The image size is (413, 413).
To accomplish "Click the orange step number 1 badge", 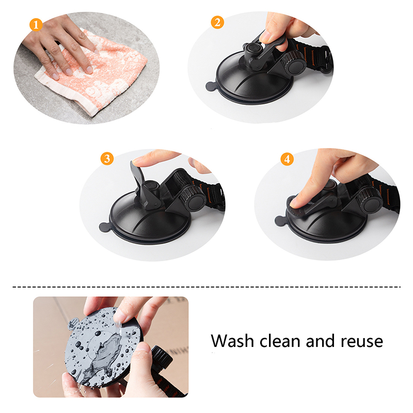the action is (x=36, y=25).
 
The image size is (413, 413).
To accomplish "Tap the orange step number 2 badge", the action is (x=217, y=22).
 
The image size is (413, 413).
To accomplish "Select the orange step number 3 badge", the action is (x=107, y=158).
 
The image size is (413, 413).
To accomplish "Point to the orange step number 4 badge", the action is (x=287, y=159).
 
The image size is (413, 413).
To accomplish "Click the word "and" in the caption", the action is (x=321, y=341).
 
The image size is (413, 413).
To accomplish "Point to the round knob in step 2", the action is (x=294, y=63).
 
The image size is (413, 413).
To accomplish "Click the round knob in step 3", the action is (x=194, y=198).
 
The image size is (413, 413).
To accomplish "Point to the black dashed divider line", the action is (x=206, y=287).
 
